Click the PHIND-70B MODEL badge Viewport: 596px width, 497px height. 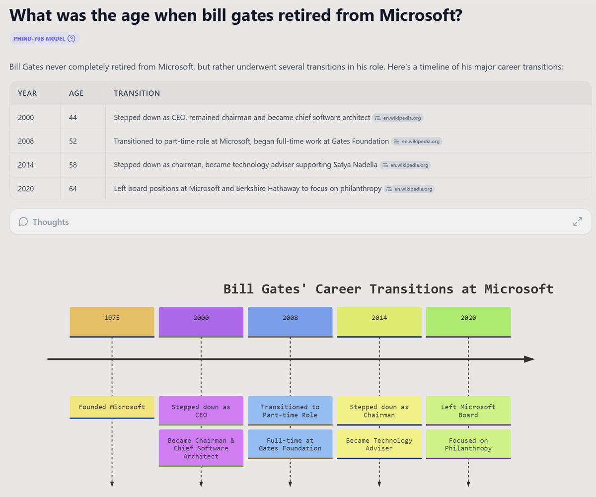[39, 39]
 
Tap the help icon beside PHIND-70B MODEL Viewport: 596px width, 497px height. [71, 39]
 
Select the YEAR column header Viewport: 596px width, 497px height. [27, 93]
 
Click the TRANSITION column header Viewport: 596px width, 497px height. [137, 93]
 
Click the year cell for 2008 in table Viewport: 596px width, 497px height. [26, 141]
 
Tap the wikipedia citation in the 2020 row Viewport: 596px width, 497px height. [409, 189]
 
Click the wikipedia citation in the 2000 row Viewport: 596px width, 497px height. [398, 118]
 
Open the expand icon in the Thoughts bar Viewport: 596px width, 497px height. [578, 221]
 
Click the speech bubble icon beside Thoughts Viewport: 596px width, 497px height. [23, 222]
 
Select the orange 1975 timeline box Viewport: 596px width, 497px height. [112, 322]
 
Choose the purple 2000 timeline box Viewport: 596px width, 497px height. [201, 322]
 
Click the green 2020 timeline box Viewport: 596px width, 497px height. [468, 322]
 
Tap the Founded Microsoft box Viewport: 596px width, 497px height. [112, 407]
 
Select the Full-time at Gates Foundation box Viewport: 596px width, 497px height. [290, 444]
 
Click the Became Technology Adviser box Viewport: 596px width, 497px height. [379, 444]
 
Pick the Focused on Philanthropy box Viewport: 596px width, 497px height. [468, 444]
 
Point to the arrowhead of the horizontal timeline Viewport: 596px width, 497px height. [529, 359]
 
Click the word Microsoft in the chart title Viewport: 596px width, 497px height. [519, 289]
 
